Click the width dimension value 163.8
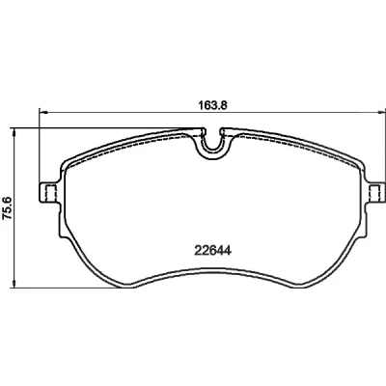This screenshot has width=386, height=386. pyautogui.click(x=211, y=105)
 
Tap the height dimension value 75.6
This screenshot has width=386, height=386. pyautogui.click(x=7, y=208)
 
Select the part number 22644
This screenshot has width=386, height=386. pyautogui.click(x=212, y=251)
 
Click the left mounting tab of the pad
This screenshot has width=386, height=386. pyautogui.click(x=49, y=193)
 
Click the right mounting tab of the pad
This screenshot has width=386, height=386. pyautogui.click(x=375, y=193)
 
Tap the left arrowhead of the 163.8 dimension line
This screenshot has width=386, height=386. pyautogui.click(x=43, y=112)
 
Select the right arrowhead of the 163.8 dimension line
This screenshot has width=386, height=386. pyautogui.click(x=381, y=112)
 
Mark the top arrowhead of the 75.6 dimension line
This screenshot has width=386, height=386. pyautogui.click(x=14, y=132)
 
